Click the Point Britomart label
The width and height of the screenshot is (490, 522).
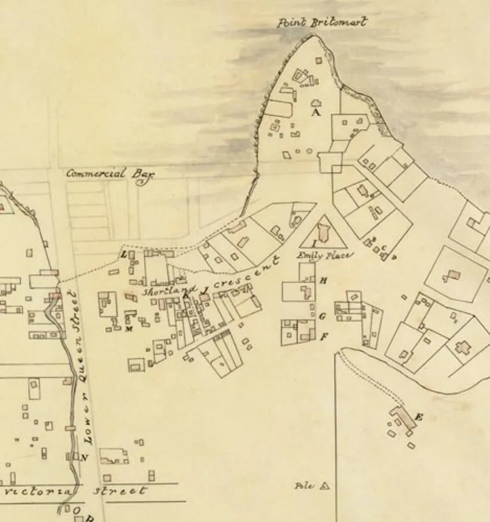click(322, 22)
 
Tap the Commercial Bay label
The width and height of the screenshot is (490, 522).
click(110, 174)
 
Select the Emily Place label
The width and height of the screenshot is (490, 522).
click(324, 255)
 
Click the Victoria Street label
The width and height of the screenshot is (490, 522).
click(75, 491)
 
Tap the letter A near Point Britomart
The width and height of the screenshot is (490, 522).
click(314, 112)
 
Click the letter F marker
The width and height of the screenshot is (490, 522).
click(323, 337)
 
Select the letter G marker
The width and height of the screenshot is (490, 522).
click(322, 316)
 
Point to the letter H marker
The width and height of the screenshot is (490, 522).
click(323, 280)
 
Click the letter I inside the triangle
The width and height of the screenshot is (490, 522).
click(313, 243)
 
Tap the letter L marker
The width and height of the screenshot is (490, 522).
click(124, 254)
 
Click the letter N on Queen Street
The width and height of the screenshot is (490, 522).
click(85, 457)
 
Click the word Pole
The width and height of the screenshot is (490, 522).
click(305, 486)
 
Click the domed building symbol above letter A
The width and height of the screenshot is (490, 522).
click(316, 102)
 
